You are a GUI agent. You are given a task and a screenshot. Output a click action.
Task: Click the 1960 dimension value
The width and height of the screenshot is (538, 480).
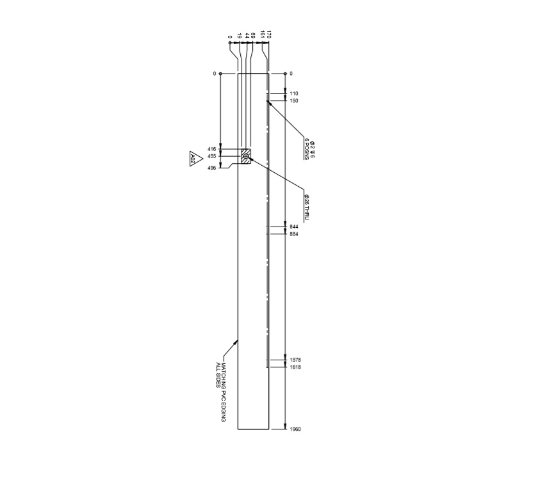(295, 429)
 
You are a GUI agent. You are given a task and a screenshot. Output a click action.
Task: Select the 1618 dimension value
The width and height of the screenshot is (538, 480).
(295, 367)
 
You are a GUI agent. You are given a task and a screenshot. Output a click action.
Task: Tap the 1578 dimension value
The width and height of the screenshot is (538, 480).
(295, 360)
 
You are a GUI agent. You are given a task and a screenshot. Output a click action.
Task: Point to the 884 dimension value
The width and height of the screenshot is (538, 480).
(294, 234)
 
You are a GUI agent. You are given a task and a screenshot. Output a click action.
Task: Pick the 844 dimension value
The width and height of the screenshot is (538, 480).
(294, 227)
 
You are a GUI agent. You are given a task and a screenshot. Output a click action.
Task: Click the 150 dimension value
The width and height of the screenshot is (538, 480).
(294, 100)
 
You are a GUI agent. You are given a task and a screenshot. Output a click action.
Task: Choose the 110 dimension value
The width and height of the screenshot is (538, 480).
(294, 93)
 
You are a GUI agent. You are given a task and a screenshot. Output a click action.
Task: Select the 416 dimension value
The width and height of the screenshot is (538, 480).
(212, 149)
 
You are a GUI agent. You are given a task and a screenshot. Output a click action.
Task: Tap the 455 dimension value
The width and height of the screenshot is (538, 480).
(212, 156)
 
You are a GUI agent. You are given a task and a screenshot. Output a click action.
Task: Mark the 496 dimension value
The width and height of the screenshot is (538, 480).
(212, 168)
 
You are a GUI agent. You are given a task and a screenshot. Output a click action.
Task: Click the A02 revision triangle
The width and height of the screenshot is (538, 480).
(192, 159)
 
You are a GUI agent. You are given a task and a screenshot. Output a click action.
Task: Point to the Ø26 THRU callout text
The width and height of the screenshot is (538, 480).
(307, 207)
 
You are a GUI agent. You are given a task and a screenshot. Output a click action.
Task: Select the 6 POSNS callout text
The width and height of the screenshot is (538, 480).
(307, 148)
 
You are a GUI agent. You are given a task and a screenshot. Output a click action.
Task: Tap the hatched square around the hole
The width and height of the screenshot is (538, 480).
(246, 156)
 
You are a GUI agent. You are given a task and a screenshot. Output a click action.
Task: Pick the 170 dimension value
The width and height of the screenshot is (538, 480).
(269, 35)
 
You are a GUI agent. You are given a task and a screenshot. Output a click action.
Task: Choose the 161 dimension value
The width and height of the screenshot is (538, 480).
(262, 35)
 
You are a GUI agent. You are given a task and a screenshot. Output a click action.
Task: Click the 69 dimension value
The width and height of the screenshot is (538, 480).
(254, 35)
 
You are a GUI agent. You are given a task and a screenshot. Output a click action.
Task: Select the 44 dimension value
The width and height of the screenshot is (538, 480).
(247, 35)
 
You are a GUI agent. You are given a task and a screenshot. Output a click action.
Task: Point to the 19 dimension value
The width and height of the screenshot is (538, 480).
(239, 35)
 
